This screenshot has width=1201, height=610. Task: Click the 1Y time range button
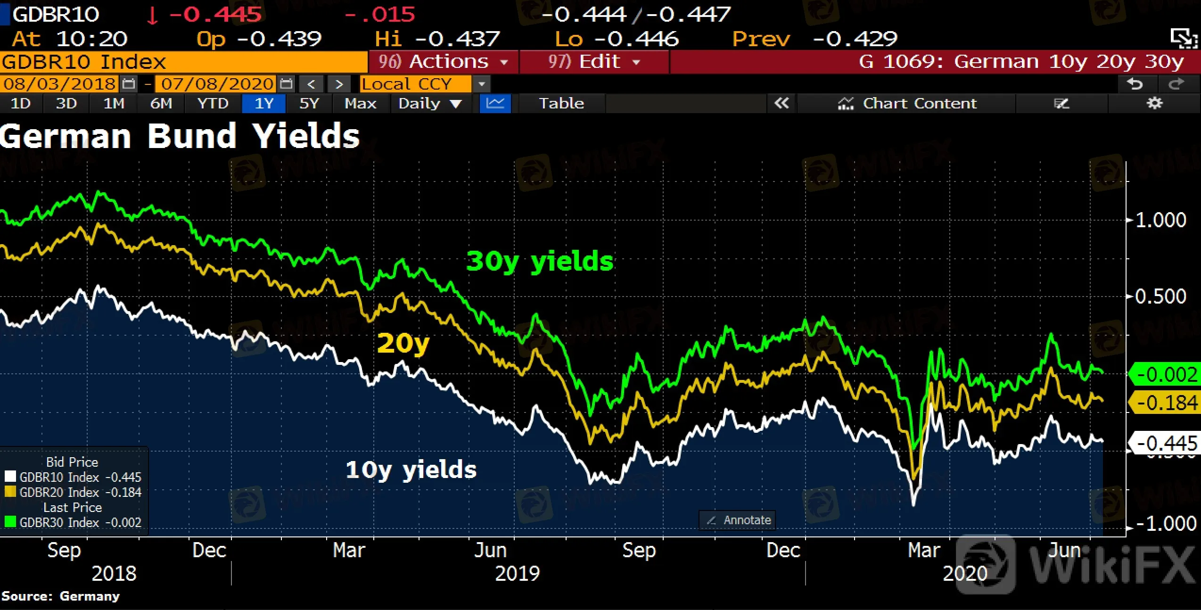click(x=264, y=103)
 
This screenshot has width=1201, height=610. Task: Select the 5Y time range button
click(x=309, y=103)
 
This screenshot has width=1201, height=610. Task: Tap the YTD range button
click(x=213, y=103)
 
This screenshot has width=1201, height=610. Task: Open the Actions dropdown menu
click(x=444, y=62)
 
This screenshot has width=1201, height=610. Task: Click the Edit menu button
click(x=594, y=62)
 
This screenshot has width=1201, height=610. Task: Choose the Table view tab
click(x=561, y=103)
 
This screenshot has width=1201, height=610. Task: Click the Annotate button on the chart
click(x=738, y=520)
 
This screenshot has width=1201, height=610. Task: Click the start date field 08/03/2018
click(x=59, y=84)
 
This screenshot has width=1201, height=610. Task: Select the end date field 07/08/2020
click(x=216, y=84)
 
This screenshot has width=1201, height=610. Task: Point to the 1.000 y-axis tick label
click(x=1160, y=220)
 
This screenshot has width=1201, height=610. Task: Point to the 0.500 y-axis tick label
click(x=1160, y=297)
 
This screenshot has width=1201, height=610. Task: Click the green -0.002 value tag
click(x=1166, y=375)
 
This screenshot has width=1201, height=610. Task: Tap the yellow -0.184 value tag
click(x=1166, y=403)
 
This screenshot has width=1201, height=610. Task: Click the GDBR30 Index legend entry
click(x=73, y=522)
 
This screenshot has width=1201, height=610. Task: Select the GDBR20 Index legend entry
click(x=73, y=492)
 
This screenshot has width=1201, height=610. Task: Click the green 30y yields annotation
click(x=540, y=261)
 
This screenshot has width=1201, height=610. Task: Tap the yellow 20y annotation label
click(x=403, y=343)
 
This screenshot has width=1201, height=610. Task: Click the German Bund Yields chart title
click(x=180, y=136)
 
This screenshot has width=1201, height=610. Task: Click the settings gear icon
click(x=1154, y=103)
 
